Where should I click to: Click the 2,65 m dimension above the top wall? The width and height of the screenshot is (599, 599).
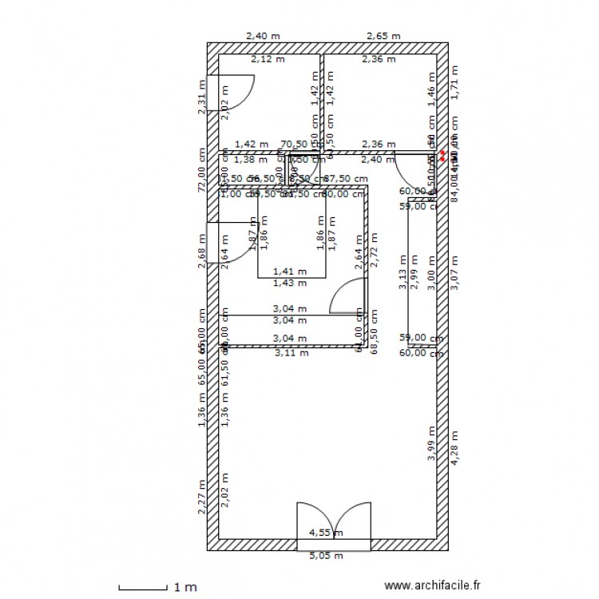click(x=383, y=36)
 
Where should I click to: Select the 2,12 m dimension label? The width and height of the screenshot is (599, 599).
click(x=267, y=58)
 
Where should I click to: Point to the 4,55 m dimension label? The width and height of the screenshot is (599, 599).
click(x=326, y=533)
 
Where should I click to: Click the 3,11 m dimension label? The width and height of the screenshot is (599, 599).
click(x=291, y=352)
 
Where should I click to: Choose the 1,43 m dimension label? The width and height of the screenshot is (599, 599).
click(x=289, y=283)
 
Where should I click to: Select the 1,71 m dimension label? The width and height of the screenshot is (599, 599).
click(x=454, y=84)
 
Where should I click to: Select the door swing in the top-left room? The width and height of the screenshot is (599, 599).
click(x=236, y=93)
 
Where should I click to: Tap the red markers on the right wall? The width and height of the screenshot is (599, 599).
click(x=442, y=153)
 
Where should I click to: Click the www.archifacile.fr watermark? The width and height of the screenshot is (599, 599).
click(x=433, y=585)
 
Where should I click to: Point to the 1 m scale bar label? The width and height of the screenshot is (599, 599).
click(x=185, y=588)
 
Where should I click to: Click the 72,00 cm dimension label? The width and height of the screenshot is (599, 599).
click(x=201, y=169)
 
